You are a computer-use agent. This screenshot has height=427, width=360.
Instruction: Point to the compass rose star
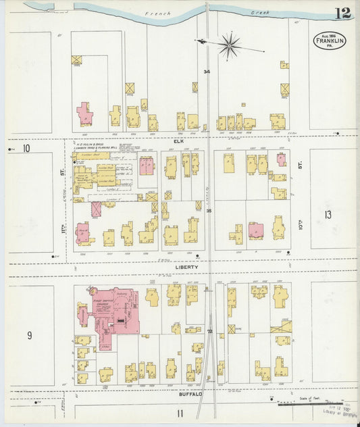(x=230, y=45)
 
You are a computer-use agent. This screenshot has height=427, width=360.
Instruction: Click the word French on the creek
(x=158, y=13)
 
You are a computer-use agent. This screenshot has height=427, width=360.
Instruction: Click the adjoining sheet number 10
(x=26, y=149)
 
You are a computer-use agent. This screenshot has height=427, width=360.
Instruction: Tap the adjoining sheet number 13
(x=328, y=215)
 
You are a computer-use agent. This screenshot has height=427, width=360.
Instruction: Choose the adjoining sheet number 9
(x=29, y=334)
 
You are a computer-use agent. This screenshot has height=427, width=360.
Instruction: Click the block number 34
(x=207, y=72)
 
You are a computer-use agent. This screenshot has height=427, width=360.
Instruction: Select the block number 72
(x=209, y=332)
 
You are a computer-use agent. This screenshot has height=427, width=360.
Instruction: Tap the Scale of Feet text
(x=314, y=399)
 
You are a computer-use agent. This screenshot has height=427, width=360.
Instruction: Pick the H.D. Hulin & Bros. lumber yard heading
(x=96, y=145)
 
